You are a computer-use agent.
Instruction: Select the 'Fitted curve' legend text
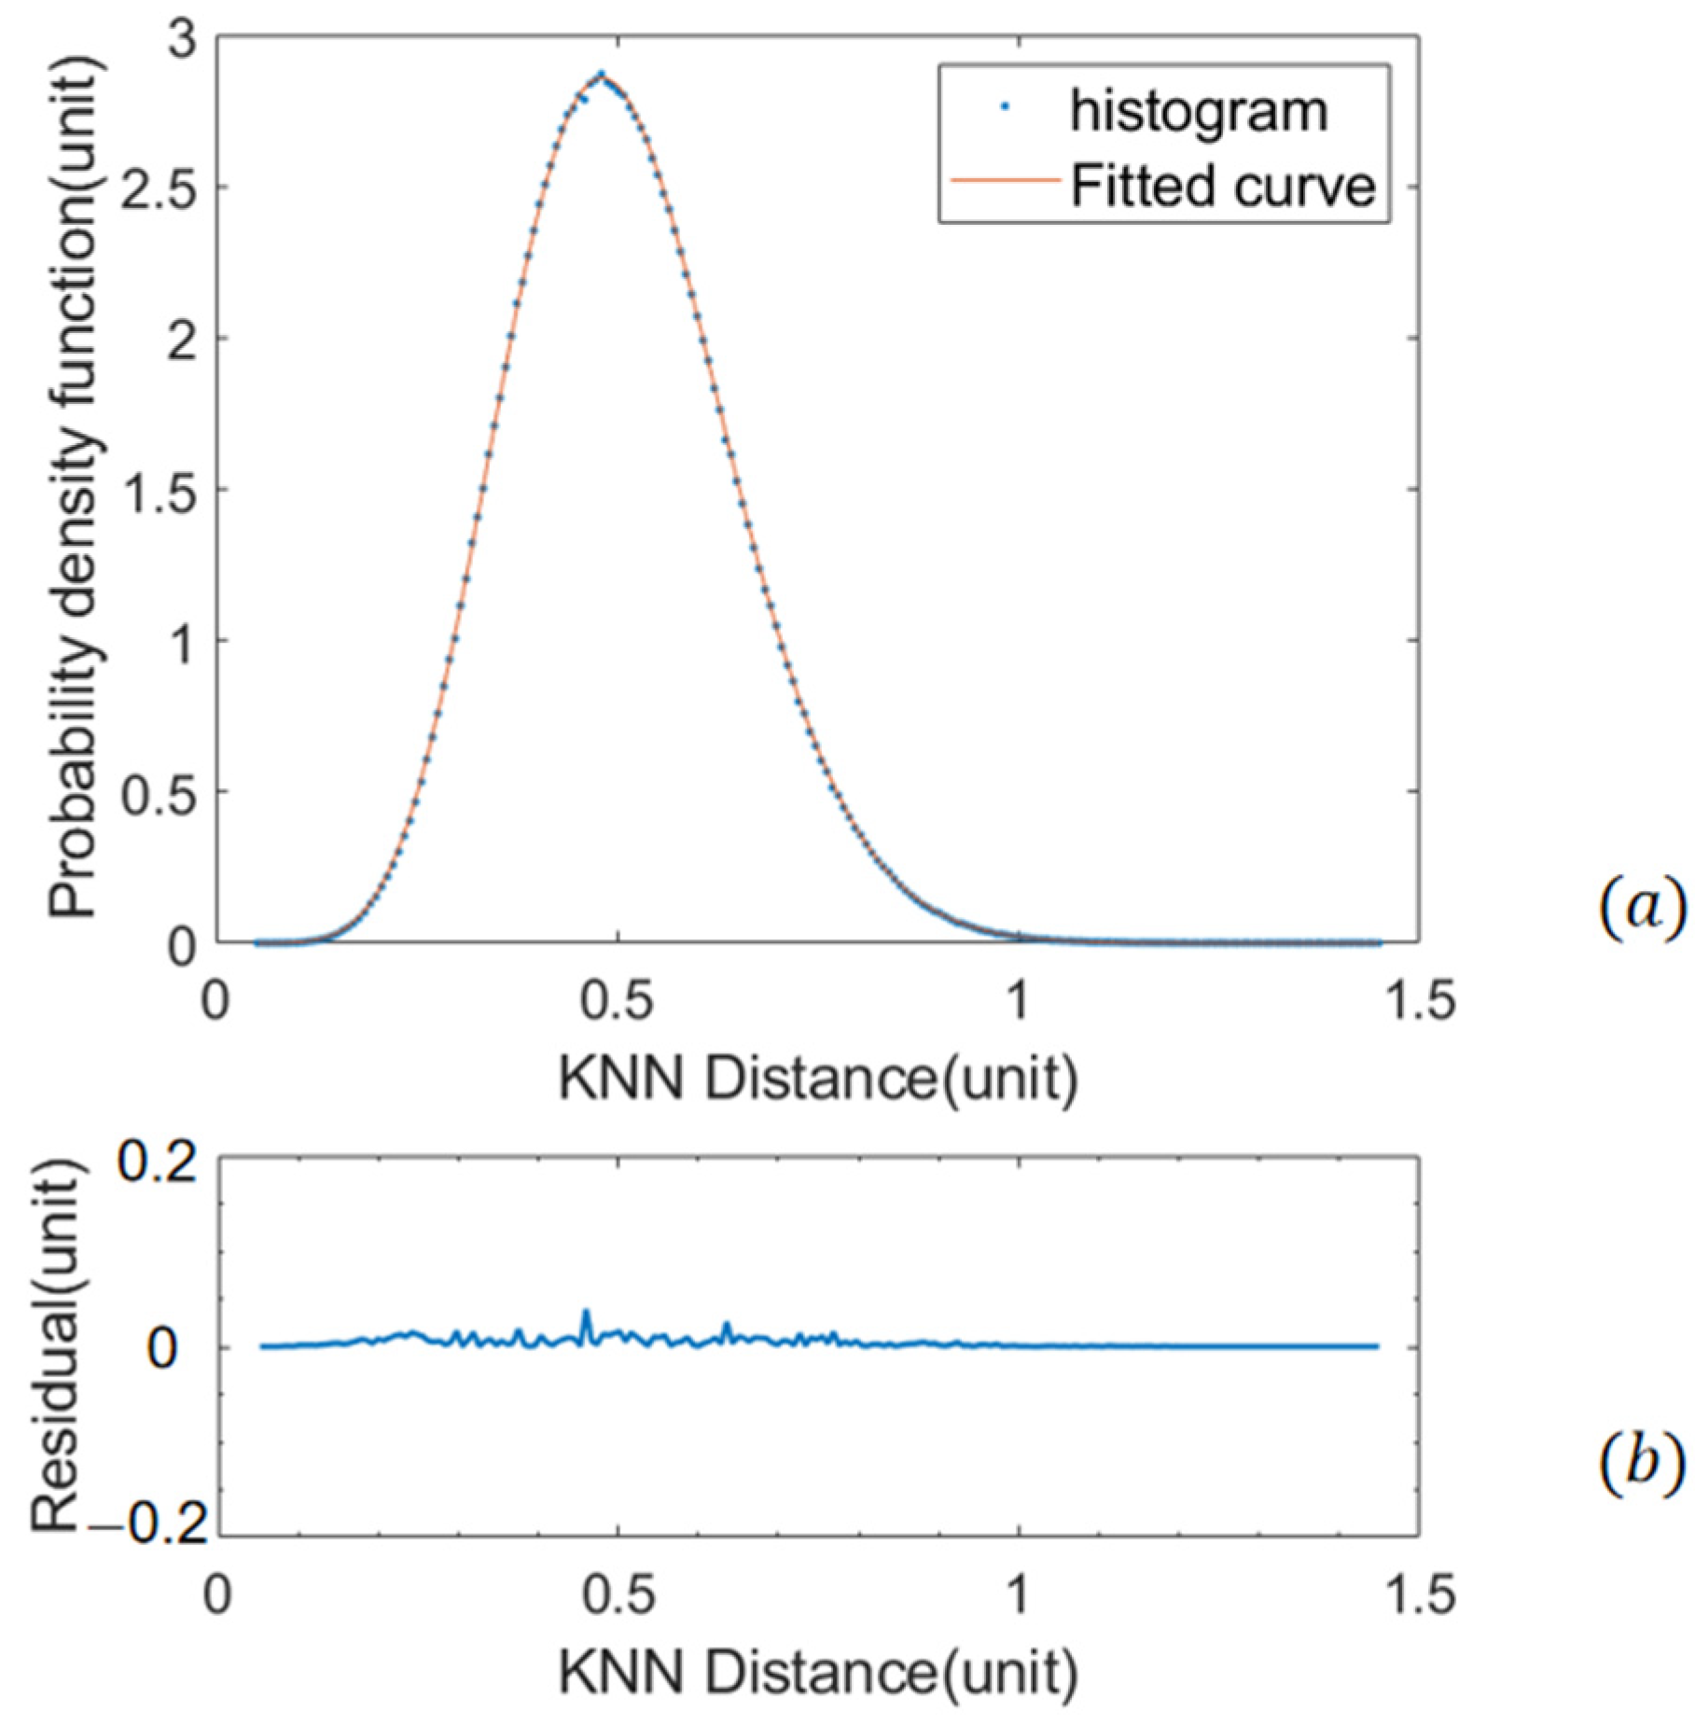[x=1222, y=187]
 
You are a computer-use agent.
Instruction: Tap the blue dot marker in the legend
[x=1005, y=108]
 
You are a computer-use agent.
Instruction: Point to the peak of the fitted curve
[x=602, y=75]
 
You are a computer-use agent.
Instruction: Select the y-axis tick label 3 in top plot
[x=183, y=40]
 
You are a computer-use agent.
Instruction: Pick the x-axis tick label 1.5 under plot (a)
[x=1418, y=1001]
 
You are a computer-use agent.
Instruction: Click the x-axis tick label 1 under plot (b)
[x=1018, y=1594]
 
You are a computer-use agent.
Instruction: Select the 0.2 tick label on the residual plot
[x=158, y=1163]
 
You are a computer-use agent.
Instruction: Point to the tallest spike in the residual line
[x=586, y=1313]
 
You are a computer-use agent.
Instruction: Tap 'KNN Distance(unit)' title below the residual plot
[x=817, y=1672]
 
